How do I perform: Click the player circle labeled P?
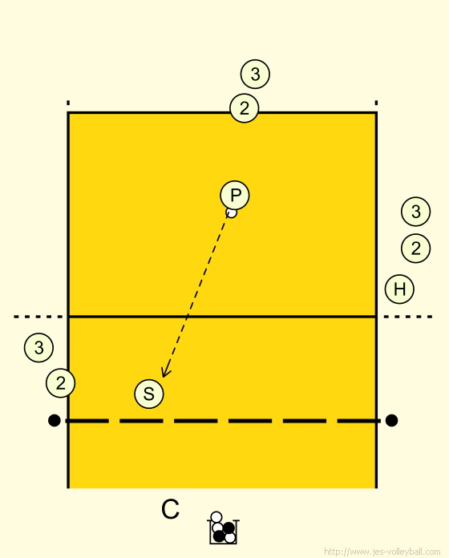[235, 196]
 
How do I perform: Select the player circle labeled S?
[149, 394]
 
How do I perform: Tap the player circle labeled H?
[399, 289]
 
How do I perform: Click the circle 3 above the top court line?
[255, 74]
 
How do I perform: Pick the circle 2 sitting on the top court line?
[244, 107]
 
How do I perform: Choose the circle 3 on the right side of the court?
[415, 212]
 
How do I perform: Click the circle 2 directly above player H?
[415, 248]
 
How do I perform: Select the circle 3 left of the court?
[38, 347]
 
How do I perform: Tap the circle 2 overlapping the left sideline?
[60, 383]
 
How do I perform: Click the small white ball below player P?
[232, 213]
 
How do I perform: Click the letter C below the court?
[170, 509]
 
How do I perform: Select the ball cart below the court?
[224, 528]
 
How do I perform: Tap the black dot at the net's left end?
[54, 420]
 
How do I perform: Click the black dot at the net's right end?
[391, 420]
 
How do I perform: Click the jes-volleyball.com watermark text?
[382, 552]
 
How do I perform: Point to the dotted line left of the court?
[38, 317]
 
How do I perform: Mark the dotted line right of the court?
[408, 317]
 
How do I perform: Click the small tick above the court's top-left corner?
[68, 103]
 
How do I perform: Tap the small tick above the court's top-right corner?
[376, 103]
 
